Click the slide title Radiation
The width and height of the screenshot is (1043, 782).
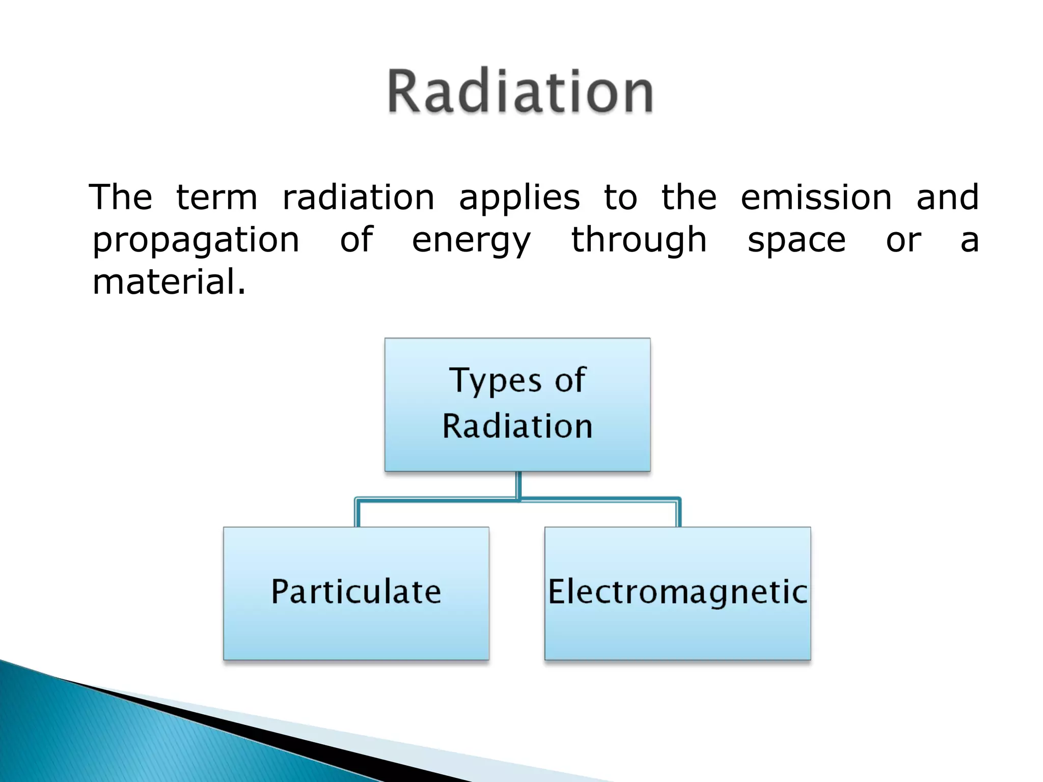click(x=520, y=92)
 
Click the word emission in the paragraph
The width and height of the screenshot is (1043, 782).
click(x=816, y=198)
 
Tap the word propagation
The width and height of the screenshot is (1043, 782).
click(x=196, y=240)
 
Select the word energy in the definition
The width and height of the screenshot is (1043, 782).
click(x=471, y=240)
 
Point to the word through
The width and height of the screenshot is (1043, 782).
click(x=639, y=240)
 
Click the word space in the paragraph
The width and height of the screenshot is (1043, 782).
click(x=796, y=240)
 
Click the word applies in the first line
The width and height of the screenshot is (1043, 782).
click(x=519, y=199)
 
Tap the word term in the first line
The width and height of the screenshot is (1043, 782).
click(x=216, y=198)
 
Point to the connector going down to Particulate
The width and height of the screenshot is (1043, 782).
click(x=357, y=513)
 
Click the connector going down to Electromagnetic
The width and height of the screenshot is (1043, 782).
click(x=678, y=513)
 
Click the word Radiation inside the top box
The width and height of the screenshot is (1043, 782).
click(x=517, y=426)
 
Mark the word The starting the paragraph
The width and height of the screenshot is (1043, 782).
click(x=120, y=198)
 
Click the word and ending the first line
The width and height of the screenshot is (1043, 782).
click(x=947, y=198)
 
